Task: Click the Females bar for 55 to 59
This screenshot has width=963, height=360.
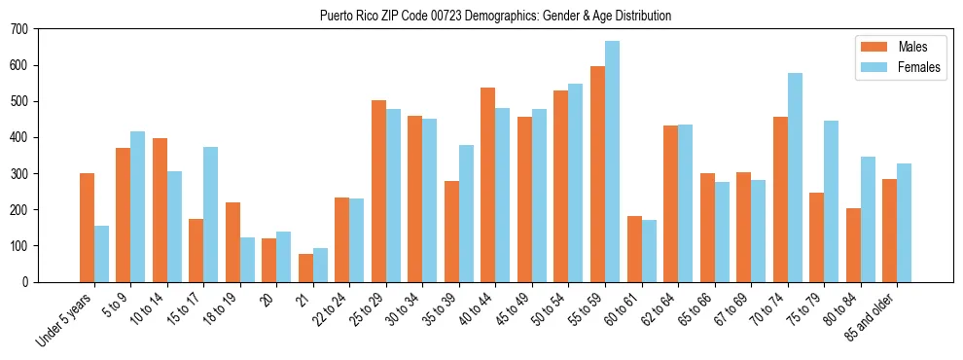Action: click(x=612, y=162)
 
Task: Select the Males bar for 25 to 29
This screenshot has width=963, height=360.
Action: click(x=378, y=191)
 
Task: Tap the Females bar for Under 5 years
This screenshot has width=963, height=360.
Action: click(x=101, y=253)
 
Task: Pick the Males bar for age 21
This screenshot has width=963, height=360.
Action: click(x=305, y=268)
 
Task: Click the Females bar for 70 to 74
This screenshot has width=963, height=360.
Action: click(x=795, y=177)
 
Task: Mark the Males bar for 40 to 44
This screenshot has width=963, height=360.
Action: click(x=488, y=185)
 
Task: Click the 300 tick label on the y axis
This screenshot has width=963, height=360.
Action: click(x=19, y=173)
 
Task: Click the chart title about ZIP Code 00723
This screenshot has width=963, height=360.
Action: click(x=495, y=16)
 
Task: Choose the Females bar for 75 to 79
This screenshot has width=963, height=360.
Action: click(x=831, y=201)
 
